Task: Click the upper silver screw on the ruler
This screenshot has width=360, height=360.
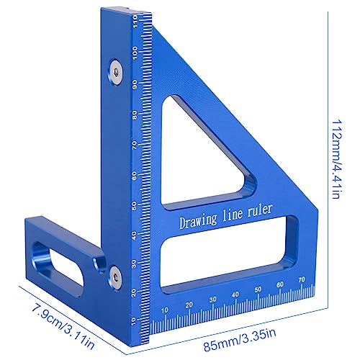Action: [115, 72]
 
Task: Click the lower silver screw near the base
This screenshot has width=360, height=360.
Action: [115, 278]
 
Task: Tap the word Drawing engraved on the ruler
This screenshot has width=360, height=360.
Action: [198, 221]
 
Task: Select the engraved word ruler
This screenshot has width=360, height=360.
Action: [260, 210]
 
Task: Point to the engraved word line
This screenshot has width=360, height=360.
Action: [233, 215]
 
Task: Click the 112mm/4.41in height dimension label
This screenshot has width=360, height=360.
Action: [336, 159]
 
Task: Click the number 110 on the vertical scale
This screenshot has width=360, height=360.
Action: [137, 22]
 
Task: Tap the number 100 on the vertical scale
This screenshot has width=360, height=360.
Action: [135, 53]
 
